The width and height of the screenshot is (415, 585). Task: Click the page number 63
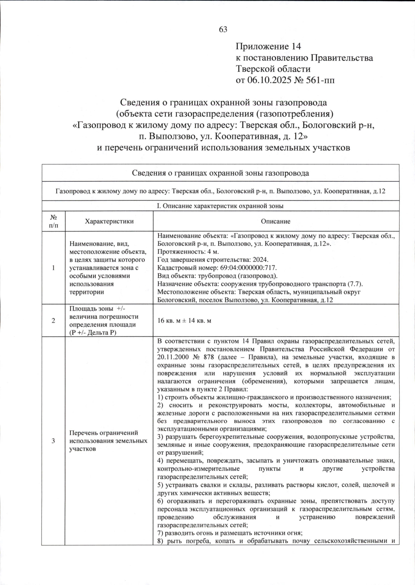point(223,30)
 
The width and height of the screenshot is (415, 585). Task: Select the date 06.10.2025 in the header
point(268,80)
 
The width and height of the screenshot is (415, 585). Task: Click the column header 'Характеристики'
point(109,221)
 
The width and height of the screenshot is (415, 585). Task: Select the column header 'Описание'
point(276,221)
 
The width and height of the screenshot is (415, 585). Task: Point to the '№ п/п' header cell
point(53,221)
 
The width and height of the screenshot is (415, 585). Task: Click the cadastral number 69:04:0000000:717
point(249,268)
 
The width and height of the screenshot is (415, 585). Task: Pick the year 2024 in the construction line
point(260,260)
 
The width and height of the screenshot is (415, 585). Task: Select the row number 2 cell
point(53,321)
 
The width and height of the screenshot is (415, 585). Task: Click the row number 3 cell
point(53,441)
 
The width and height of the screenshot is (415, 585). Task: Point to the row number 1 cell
point(53,268)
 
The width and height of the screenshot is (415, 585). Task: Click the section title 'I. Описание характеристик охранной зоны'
point(220,206)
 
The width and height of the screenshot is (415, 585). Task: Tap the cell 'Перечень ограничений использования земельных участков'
point(108,441)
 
